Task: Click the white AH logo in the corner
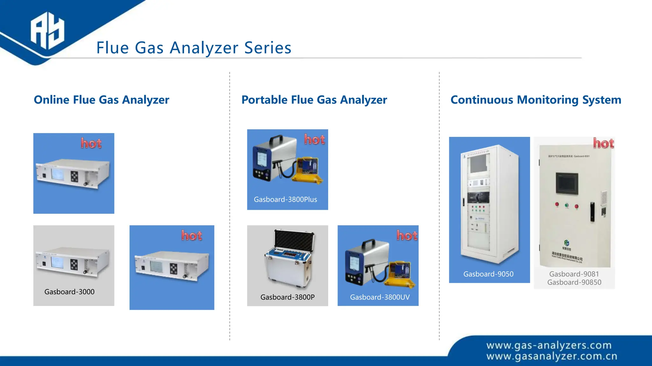(x=47, y=31)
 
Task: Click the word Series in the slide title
(x=268, y=48)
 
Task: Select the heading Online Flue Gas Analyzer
(x=102, y=100)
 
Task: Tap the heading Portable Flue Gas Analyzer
(x=314, y=100)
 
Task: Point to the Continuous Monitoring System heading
(x=536, y=100)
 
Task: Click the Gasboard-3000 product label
(x=69, y=292)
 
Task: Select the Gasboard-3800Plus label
(x=285, y=200)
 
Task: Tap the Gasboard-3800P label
(x=287, y=297)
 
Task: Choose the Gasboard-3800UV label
(x=380, y=297)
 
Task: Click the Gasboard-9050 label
(x=488, y=274)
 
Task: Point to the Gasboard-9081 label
(x=574, y=274)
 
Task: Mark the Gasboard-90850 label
(x=574, y=282)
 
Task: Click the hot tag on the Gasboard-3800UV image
(x=407, y=235)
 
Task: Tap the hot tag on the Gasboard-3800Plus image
(x=315, y=139)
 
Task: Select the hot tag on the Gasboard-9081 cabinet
(x=603, y=143)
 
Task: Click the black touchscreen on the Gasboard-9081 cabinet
(x=567, y=183)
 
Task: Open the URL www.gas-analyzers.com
(x=549, y=345)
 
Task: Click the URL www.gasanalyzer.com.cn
(x=552, y=356)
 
